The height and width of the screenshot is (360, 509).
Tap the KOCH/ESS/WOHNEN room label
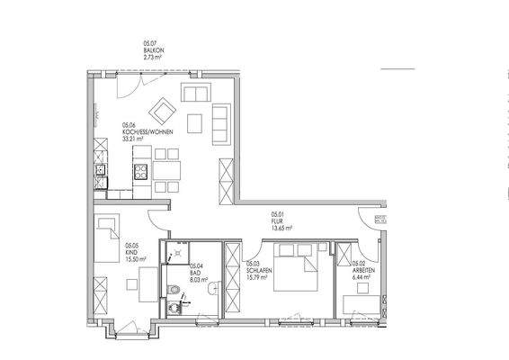pos(154,132)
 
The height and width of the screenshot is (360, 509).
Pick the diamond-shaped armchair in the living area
pos(163,112)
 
